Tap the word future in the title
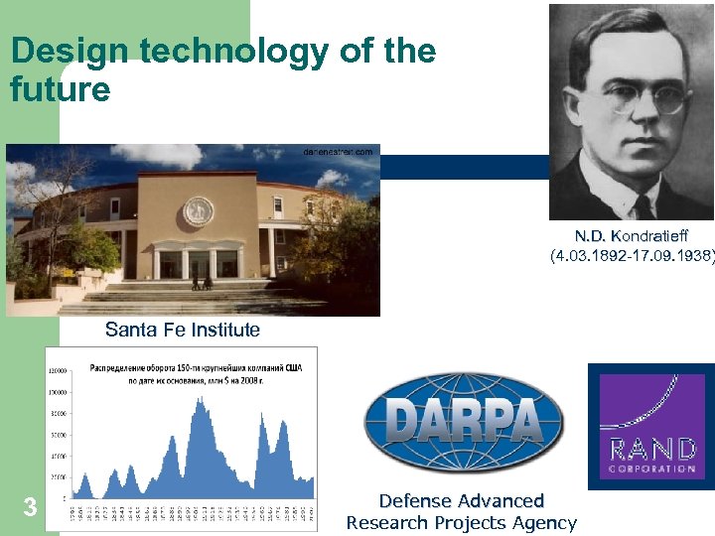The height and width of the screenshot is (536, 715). pyautogui.click(x=60, y=90)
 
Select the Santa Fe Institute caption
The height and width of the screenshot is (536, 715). pyautogui.click(x=183, y=330)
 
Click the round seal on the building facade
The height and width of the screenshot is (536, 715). pyautogui.click(x=198, y=210)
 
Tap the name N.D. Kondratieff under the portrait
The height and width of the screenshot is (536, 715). pyautogui.click(x=631, y=236)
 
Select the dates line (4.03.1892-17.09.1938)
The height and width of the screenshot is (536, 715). pyautogui.click(x=633, y=256)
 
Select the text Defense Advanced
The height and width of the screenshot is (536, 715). pyautogui.click(x=462, y=501)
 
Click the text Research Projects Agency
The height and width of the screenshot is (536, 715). pyautogui.click(x=462, y=523)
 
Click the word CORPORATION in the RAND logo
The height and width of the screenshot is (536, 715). pyautogui.click(x=651, y=469)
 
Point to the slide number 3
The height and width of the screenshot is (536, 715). pyautogui.click(x=30, y=508)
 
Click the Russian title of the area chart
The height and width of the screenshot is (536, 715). pyautogui.click(x=196, y=372)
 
